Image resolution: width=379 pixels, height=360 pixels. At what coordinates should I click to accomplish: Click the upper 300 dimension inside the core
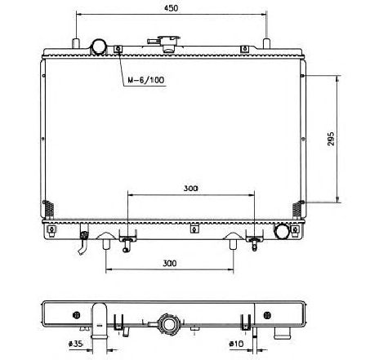(190, 189)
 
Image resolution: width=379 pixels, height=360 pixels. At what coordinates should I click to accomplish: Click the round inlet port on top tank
(100, 46)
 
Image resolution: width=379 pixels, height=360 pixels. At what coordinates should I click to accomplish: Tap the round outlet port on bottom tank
(283, 231)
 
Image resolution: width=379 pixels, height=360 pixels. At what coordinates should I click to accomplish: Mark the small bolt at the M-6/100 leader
(119, 50)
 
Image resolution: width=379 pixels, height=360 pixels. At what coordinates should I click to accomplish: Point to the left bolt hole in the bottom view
(76, 314)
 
